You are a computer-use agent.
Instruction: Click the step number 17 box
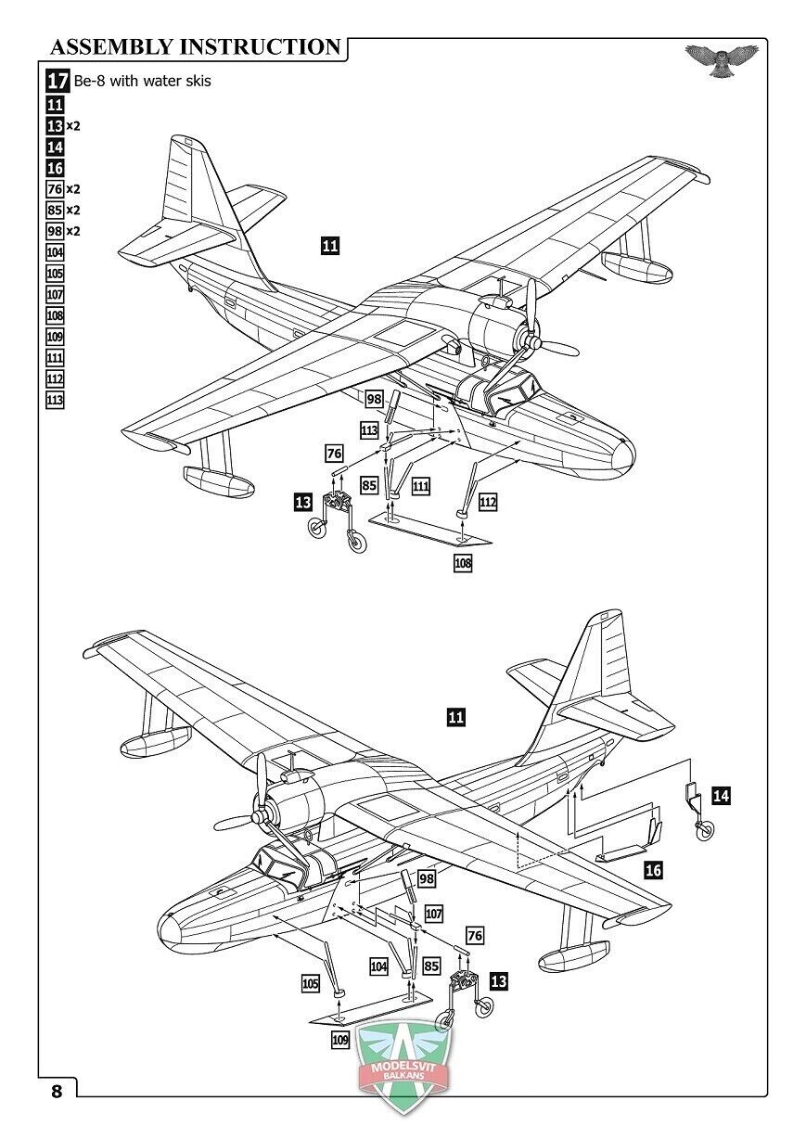click(x=58, y=81)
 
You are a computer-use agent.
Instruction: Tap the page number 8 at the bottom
click(x=57, y=1091)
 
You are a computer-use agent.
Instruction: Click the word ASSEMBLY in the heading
click(x=110, y=47)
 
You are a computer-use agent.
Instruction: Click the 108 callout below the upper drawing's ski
click(x=463, y=562)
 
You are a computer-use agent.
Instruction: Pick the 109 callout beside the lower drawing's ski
click(x=340, y=1040)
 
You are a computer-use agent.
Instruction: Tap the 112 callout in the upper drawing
click(x=488, y=502)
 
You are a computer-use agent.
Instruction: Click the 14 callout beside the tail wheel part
click(x=722, y=794)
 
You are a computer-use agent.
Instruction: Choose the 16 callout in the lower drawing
click(x=653, y=869)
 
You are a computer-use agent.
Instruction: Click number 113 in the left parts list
click(x=55, y=400)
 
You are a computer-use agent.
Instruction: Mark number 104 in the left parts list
click(x=55, y=252)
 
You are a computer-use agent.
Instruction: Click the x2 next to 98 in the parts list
click(x=73, y=231)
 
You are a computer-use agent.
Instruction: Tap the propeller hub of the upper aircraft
click(x=532, y=343)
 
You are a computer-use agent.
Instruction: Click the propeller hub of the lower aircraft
click(x=261, y=816)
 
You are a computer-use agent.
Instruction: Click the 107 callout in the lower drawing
click(x=434, y=914)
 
